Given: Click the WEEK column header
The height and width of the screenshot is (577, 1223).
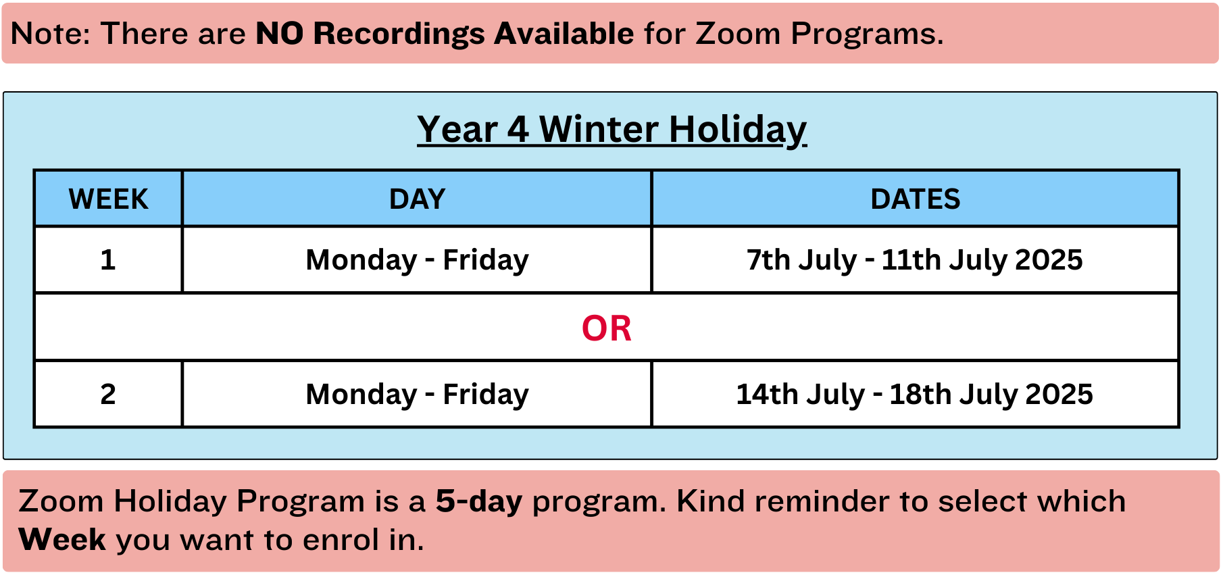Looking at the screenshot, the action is click(108, 199).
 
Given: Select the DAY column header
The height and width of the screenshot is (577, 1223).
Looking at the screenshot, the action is click(417, 199).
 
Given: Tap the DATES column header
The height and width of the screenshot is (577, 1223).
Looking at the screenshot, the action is click(915, 199).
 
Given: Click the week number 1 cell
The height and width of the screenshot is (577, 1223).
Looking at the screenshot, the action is click(108, 260).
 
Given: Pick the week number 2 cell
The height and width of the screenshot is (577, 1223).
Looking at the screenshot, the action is click(108, 394).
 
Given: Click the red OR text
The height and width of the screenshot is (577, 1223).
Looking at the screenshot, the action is click(606, 328).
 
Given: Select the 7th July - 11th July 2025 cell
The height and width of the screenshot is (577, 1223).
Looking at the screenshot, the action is click(914, 260).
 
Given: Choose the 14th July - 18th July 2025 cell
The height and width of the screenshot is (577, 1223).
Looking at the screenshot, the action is click(914, 394).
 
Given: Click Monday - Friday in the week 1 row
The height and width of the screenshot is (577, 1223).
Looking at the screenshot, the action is click(417, 260).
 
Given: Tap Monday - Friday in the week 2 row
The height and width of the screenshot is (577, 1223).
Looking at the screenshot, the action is click(417, 394).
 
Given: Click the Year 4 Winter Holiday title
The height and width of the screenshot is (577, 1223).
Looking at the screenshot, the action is click(611, 129).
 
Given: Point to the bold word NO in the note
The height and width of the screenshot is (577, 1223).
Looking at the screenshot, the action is click(279, 34).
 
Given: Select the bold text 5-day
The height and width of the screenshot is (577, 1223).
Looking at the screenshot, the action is click(479, 502).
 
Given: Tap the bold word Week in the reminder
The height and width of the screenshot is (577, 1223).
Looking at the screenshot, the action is click(62, 539).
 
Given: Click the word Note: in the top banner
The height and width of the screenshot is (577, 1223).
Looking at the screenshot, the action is click(51, 34).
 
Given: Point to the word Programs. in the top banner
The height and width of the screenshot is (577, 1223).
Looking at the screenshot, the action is click(867, 34).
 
